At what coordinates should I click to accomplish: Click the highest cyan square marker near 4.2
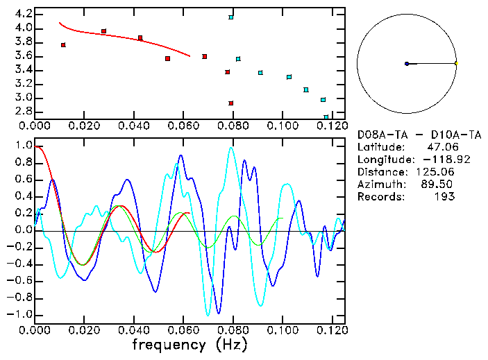point(231,17)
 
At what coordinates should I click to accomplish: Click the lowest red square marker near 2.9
point(231,103)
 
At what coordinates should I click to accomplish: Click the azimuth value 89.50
point(438,185)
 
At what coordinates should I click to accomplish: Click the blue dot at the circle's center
point(407,64)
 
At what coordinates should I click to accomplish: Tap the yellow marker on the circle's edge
point(456,64)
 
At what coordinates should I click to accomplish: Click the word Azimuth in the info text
point(379,185)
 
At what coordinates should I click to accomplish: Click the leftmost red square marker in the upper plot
point(63,45)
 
